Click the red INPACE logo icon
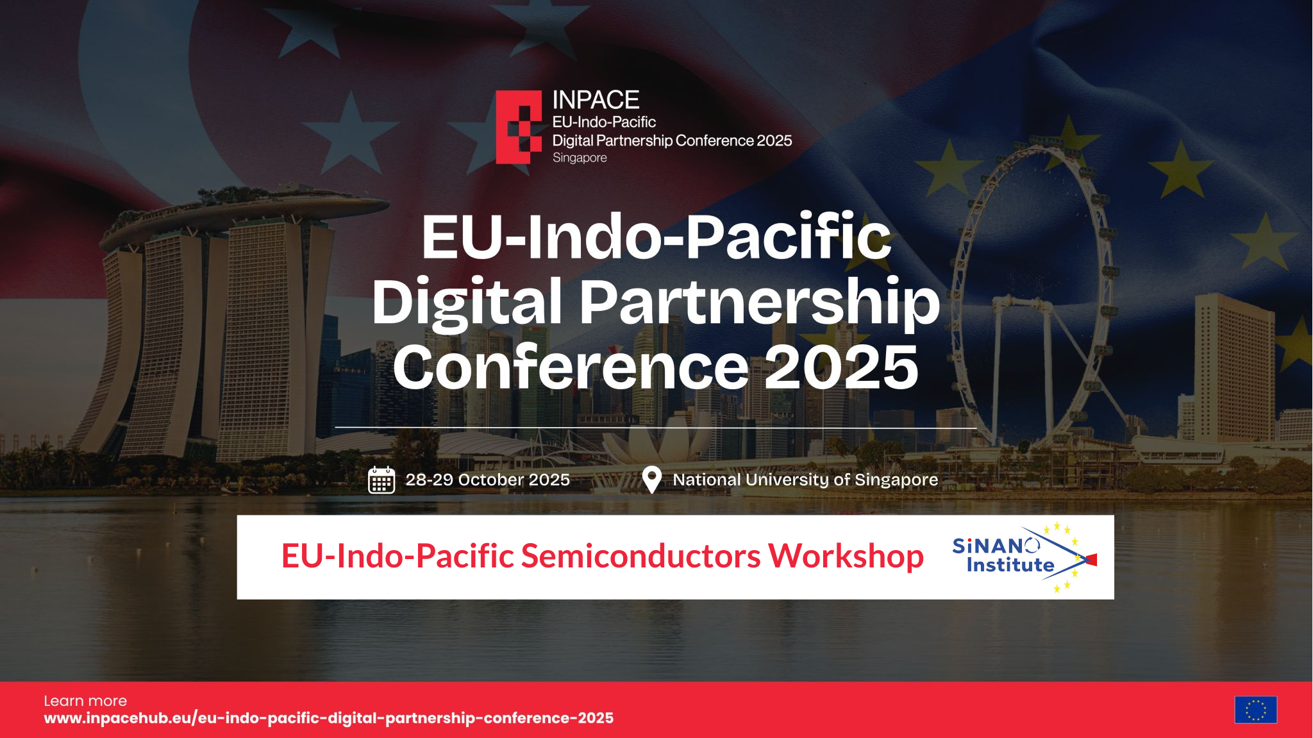point(519,127)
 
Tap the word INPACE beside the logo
point(596,100)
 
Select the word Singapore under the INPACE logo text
point(580,158)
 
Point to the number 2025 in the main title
point(842,367)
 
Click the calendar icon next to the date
point(381,480)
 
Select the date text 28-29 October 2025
point(487,480)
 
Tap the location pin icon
point(651,480)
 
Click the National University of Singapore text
point(805,480)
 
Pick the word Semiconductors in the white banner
point(640,556)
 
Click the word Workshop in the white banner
point(846,556)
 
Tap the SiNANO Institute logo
point(1024,557)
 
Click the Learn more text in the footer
point(85,701)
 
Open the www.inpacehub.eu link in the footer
point(328,718)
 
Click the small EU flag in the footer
point(1255,710)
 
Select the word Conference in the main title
point(571,367)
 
